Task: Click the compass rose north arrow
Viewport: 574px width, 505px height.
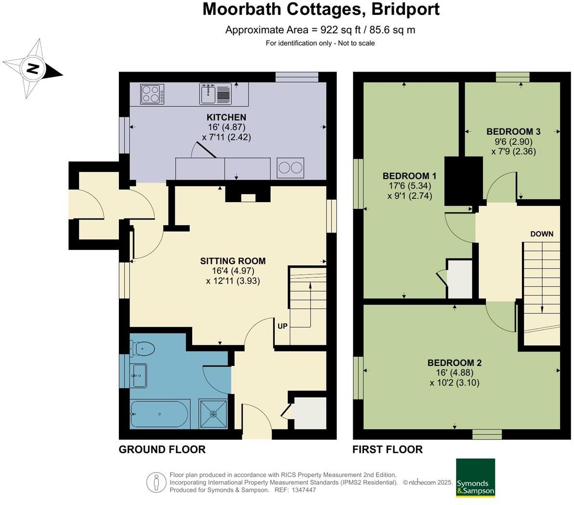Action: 33,68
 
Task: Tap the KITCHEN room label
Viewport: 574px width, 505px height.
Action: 226,117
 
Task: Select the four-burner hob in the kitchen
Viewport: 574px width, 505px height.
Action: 152,94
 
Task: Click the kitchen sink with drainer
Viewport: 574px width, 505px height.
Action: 215,93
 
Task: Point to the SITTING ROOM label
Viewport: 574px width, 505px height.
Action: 233,261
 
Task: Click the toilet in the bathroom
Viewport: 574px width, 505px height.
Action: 142,348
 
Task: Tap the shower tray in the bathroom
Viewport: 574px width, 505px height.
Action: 213,414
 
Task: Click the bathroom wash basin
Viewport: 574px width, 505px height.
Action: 139,375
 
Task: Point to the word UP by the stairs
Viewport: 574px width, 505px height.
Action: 283,326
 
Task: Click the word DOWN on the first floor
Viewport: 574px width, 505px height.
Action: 542,234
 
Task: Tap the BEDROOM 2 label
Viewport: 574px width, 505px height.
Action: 455,363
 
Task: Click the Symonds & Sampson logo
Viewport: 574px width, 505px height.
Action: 475,478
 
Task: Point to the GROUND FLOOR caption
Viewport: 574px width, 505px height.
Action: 162,450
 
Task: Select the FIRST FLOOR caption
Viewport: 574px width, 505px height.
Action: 388,450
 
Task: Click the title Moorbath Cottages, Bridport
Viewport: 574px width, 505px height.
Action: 321,9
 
